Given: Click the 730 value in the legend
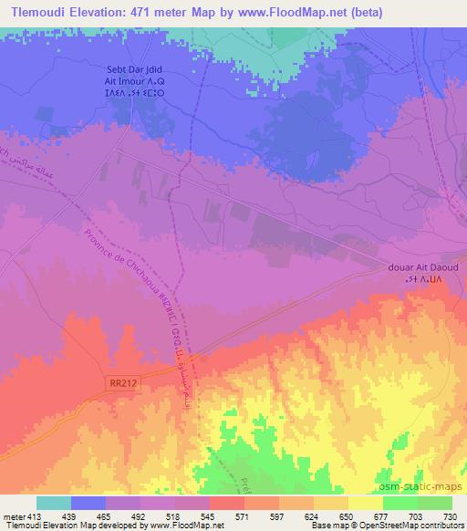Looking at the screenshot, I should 451,515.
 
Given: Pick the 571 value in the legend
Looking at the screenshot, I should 244,515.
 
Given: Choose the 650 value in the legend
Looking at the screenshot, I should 348,515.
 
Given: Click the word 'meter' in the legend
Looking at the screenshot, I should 15,515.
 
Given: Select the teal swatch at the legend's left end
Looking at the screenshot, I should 54,503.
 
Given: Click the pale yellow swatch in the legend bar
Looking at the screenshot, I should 365,503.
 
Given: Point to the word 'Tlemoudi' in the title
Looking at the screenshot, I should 34,12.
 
